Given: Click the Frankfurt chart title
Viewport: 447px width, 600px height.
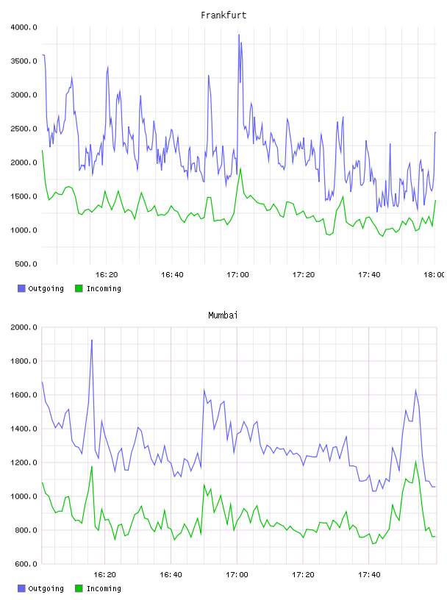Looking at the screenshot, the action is click(223, 15).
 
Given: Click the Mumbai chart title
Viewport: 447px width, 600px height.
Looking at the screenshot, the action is click(223, 315).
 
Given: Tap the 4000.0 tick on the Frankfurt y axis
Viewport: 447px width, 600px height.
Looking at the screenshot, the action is click(24, 27).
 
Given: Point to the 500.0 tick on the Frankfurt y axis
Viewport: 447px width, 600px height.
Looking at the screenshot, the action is click(26, 264).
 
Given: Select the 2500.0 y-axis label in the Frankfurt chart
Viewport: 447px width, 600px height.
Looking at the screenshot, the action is click(24, 129).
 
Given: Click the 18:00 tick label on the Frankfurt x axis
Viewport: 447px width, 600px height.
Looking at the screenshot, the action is click(434, 275).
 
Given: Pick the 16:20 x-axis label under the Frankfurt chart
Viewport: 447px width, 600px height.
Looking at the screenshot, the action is click(107, 275).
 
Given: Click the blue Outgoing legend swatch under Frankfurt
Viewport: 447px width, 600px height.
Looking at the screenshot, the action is click(21, 288).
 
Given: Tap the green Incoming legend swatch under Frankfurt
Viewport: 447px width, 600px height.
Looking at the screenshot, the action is click(79, 288).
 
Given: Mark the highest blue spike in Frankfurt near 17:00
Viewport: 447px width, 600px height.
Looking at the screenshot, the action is click(239, 35).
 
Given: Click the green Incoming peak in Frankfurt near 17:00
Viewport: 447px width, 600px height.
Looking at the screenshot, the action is click(240, 168).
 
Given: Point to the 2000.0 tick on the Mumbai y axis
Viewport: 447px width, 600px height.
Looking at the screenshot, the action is click(24, 327).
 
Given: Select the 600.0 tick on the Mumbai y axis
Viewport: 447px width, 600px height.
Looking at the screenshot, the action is click(26, 564).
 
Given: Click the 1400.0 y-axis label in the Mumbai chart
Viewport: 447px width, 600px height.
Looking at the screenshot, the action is click(24, 429).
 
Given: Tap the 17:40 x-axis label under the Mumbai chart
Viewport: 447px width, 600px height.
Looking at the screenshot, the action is click(369, 575).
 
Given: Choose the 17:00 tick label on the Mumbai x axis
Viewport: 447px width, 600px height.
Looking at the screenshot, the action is click(237, 575).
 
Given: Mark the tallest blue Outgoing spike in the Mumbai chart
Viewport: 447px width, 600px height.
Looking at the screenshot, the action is click(92, 340).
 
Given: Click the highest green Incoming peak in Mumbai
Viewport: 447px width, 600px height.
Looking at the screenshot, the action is click(415, 462).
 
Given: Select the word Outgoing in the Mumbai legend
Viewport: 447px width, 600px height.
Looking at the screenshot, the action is click(46, 588).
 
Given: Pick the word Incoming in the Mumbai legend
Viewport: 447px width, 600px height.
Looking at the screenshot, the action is click(104, 588).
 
